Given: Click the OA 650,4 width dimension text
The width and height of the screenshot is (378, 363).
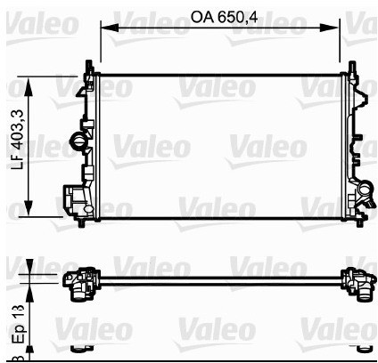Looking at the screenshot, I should tap(225, 15).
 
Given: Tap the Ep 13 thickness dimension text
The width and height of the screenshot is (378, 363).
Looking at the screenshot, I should tap(15, 323).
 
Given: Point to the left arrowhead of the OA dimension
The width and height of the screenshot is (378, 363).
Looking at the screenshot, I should tap(105, 28).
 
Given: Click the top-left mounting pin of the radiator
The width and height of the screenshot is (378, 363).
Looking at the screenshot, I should tap(88, 65).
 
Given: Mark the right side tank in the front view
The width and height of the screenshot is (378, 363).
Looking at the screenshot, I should tap(354, 142).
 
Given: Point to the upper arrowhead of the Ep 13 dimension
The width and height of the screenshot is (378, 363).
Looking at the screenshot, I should tap(32, 270).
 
